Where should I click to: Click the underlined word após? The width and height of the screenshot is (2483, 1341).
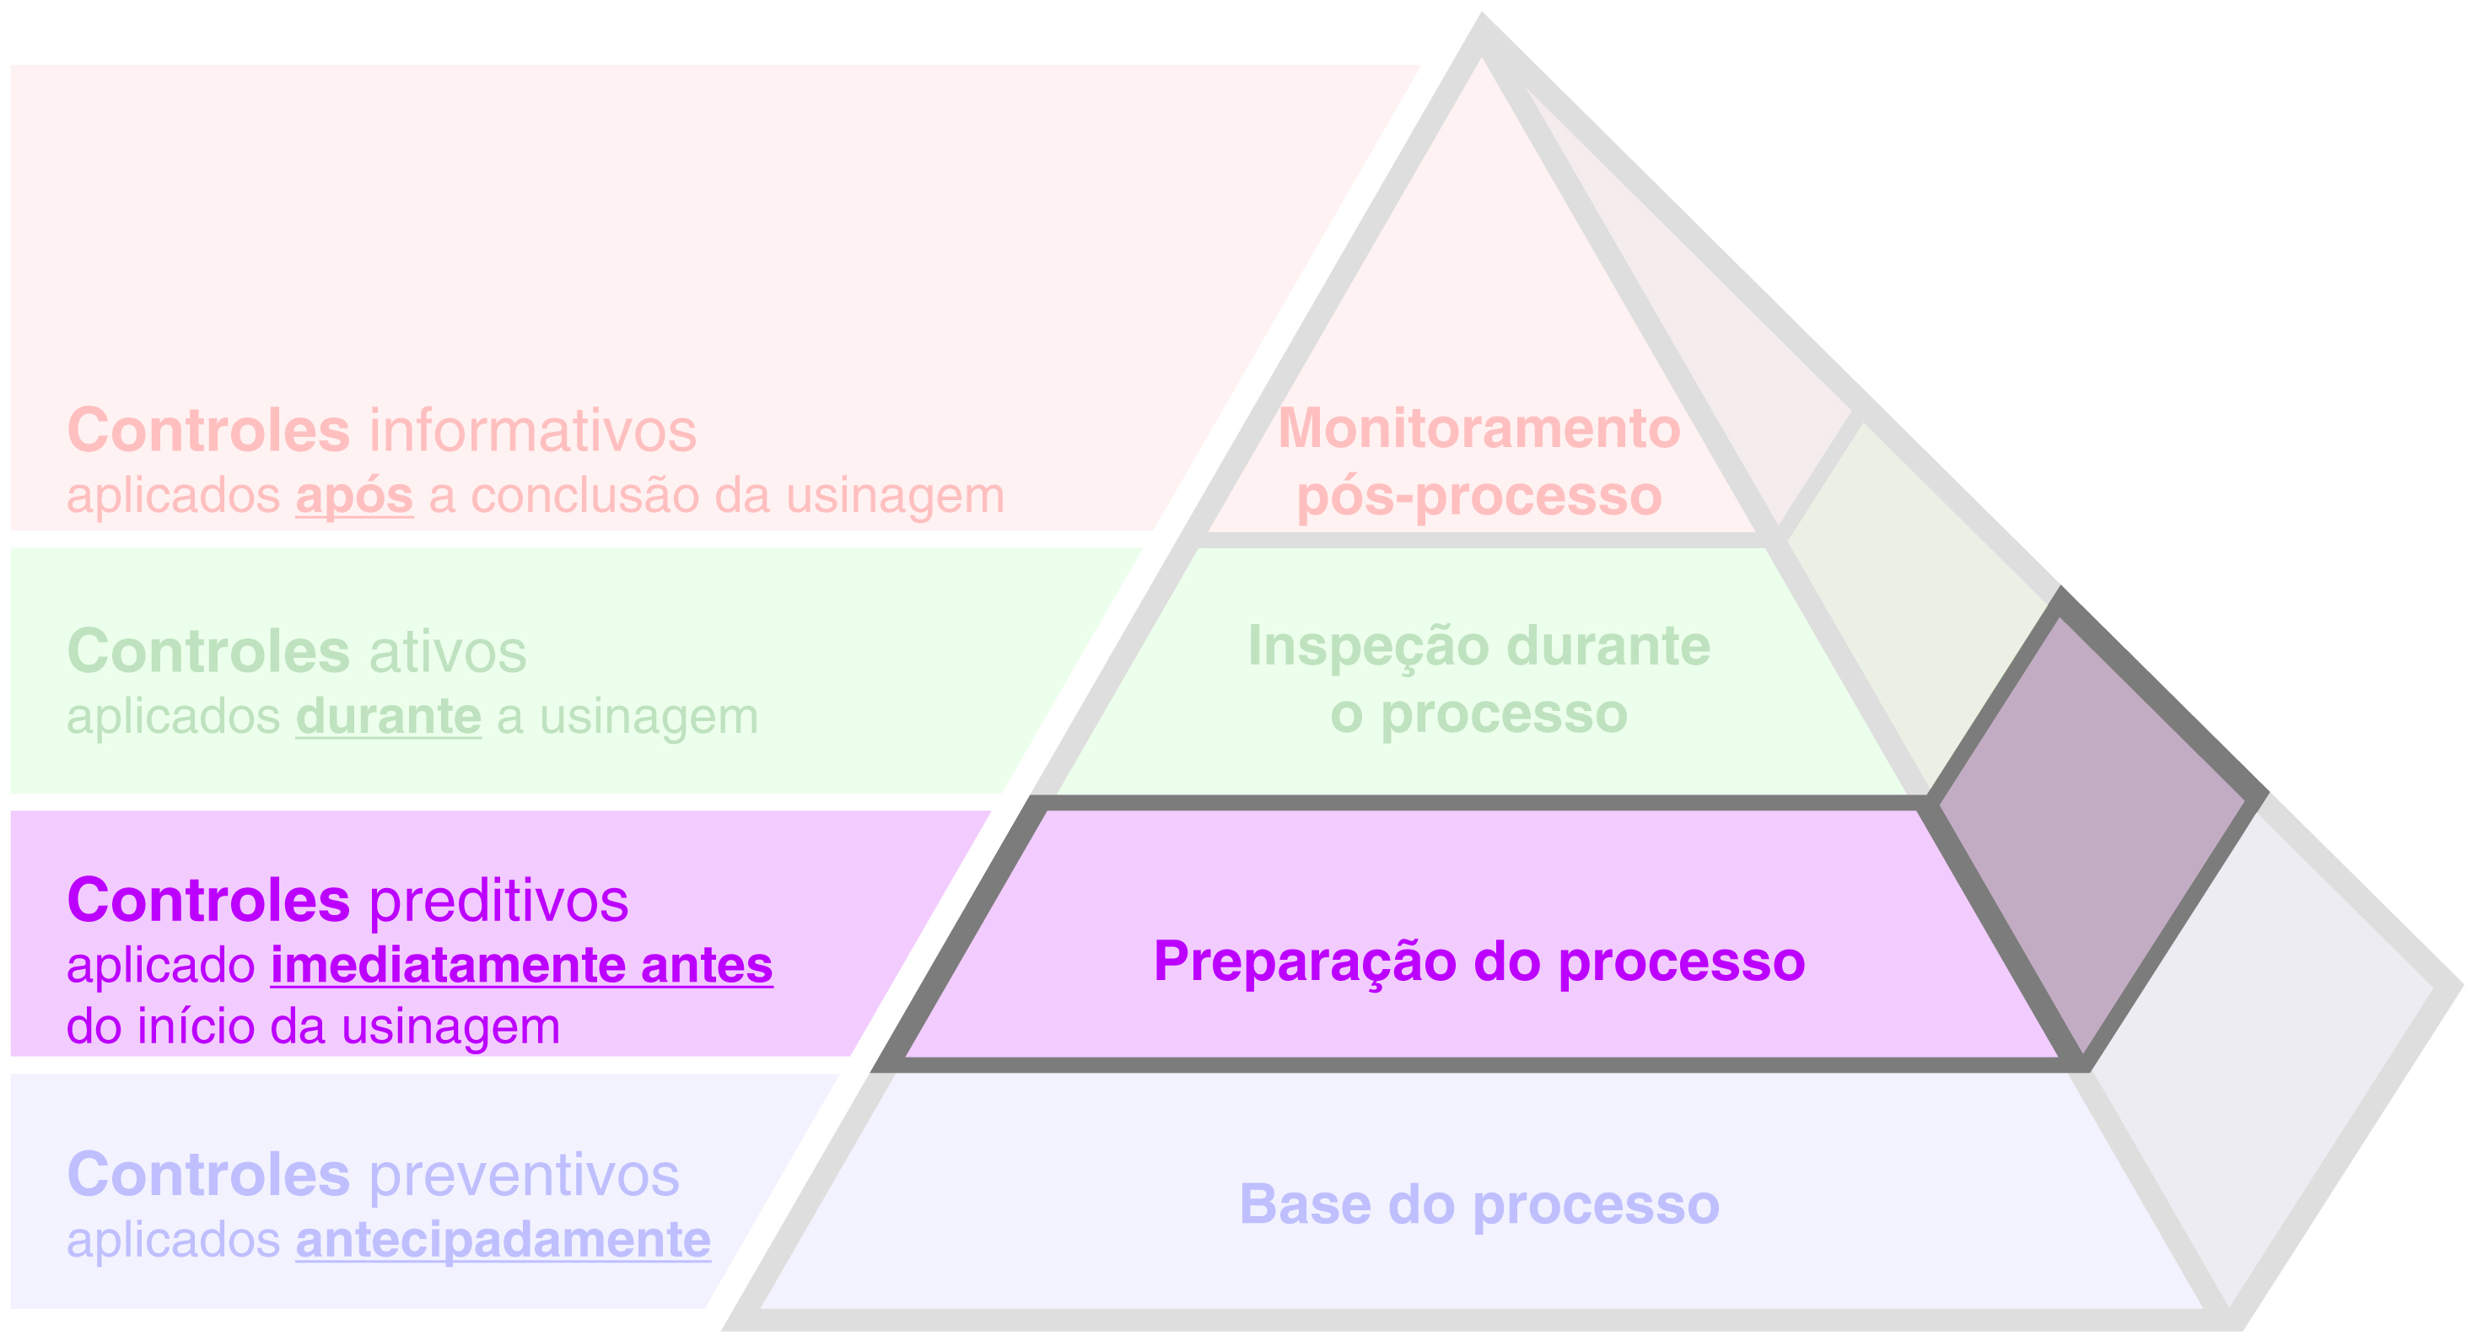point(353,497)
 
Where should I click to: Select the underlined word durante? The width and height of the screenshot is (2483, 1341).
point(387,717)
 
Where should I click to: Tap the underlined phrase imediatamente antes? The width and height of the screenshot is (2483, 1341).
point(521,965)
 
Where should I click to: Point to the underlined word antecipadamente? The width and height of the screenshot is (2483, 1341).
point(502,1240)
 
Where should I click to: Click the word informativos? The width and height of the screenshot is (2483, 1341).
point(532,431)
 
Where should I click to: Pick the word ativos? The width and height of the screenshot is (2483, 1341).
point(447,652)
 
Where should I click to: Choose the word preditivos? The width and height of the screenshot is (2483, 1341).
point(498,902)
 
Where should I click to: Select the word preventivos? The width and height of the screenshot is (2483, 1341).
point(524,1175)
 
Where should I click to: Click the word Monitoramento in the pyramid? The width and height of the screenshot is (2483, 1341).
point(1478,428)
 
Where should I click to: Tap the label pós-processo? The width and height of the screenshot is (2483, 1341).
point(1478,497)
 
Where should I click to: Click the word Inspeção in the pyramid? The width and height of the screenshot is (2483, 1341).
point(1369,646)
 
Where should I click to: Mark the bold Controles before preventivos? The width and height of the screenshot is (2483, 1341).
point(208,1175)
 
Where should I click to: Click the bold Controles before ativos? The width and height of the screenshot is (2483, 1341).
point(208,652)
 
